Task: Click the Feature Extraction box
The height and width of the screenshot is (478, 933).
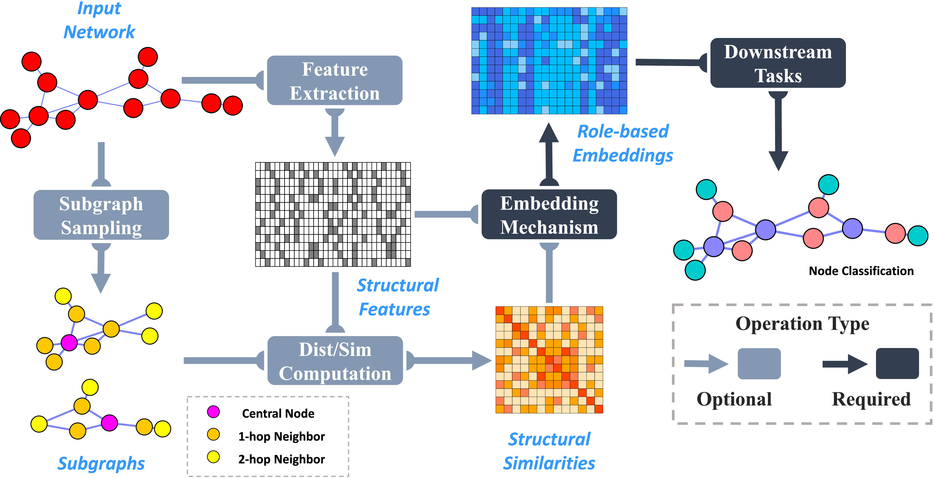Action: click(x=334, y=81)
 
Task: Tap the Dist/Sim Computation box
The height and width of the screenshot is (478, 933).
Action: click(x=335, y=361)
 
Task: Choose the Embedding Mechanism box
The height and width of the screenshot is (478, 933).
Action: click(x=549, y=215)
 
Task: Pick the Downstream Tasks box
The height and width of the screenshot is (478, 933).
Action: click(x=778, y=63)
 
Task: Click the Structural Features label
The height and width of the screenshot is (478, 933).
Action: click(x=397, y=297)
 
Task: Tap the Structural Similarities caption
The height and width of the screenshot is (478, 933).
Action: click(x=549, y=451)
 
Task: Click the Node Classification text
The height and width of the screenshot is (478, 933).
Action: click(x=861, y=271)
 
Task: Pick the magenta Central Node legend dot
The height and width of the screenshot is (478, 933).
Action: click(x=213, y=412)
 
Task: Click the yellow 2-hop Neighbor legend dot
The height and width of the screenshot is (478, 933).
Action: click(x=213, y=457)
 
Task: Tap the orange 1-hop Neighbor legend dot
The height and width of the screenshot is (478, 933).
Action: click(x=213, y=434)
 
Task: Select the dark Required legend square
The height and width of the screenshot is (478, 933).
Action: click(x=897, y=364)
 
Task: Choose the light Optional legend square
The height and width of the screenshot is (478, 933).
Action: click(x=759, y=364)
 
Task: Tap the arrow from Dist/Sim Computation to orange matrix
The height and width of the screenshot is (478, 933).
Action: click(x=449, y=361)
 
